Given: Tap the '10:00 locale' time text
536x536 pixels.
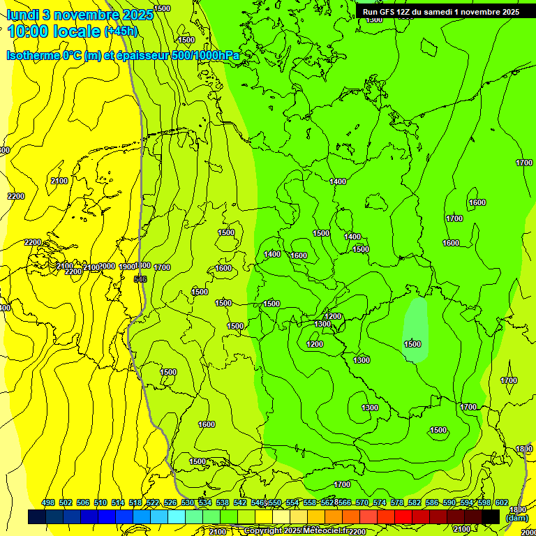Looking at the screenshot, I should coord(54,32).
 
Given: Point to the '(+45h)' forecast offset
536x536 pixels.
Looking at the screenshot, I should coord(121,32).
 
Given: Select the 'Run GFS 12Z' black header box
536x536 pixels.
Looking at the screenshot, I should coord(445,11).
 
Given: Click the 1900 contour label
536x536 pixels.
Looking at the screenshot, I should coord(126,267).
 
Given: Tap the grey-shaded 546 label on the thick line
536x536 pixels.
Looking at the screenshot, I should coord(140,279).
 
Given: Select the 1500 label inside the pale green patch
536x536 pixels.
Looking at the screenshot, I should coord(412,344).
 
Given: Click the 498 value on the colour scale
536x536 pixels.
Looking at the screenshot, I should coord(48,502).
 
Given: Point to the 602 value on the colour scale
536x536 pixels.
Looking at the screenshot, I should coord(502,502).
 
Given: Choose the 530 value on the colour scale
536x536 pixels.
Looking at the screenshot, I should coord(188,502).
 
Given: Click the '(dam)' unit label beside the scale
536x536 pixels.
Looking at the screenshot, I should coord(516,518).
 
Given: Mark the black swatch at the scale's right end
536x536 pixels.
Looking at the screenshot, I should coord(491,516).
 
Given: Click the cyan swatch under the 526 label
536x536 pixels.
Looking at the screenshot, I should coord(177,516).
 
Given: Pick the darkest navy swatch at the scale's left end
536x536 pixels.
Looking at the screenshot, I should coord(37,516).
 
